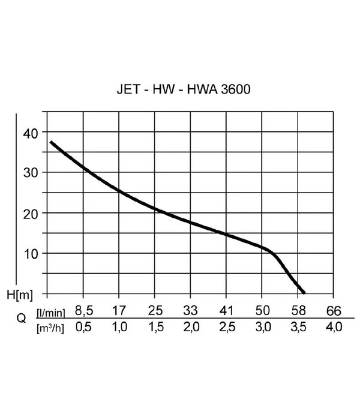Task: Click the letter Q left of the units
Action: [x=22, y=319]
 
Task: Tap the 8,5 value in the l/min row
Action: [x=83, y=311]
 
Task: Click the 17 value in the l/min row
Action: [x=119, y=311]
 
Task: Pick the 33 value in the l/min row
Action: [x=190, y=311]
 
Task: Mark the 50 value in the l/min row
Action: [x=262, y=311]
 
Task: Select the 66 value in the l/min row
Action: [x=333, y=311]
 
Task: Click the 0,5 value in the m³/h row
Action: [x=83, y=328]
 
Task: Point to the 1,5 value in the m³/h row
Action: [x=154, y=328]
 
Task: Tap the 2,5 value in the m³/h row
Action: [x=226, y=328]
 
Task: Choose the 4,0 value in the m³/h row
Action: [x=333, y=328]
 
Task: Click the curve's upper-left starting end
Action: [x=51, y=142]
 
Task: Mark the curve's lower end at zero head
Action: [x=304, y=292]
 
